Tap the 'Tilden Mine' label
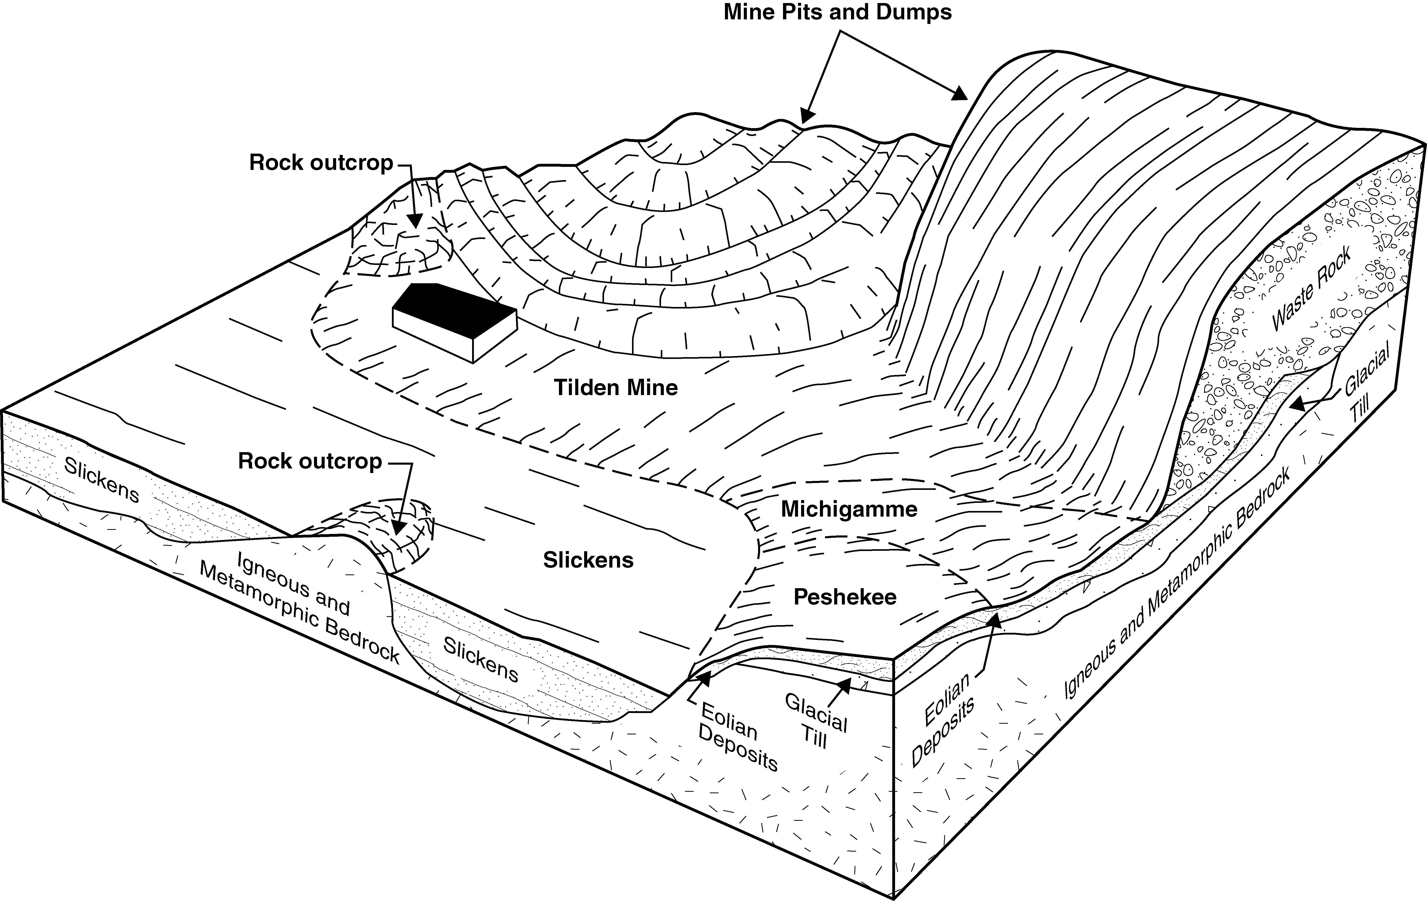(x=616, y=388)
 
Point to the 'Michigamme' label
(x=849, y=509)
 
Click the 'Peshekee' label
(x=844, y=597)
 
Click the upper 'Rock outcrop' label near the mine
(x=321, y=163)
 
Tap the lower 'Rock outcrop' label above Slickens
(x=310, y=461)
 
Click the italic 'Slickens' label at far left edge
(x=102, y=480)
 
